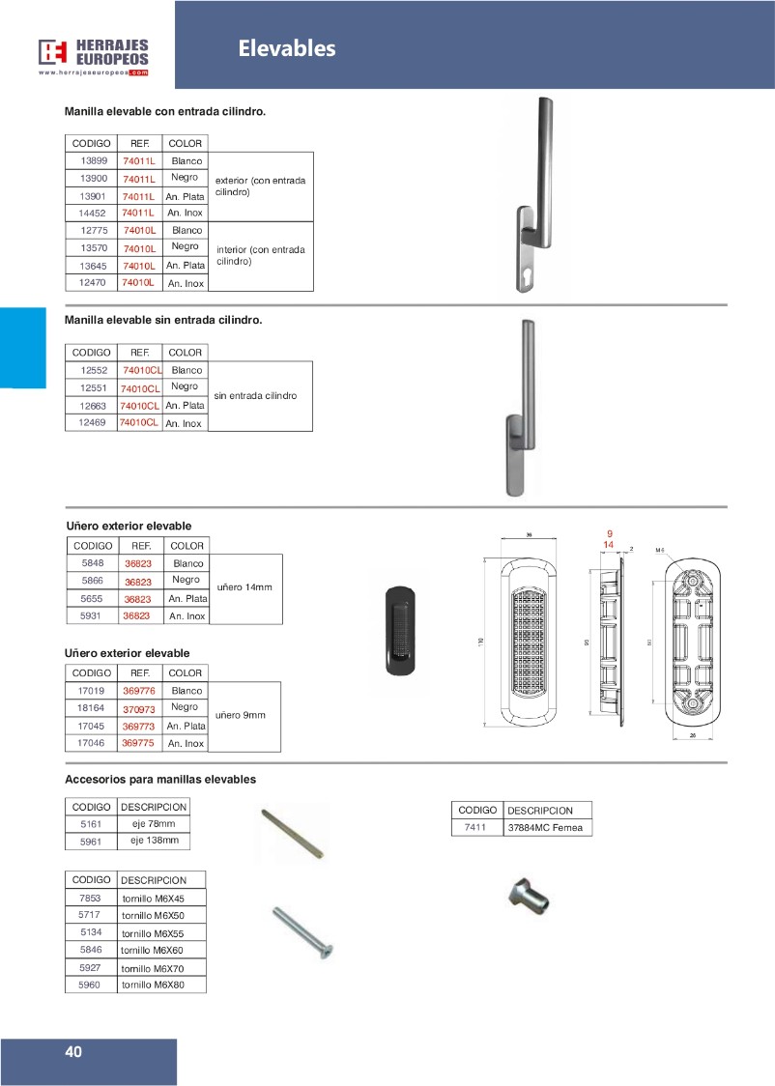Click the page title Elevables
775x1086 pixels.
pos(287,48)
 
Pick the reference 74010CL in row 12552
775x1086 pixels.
pos(141,370)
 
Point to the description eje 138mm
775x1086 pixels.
pos(155,841)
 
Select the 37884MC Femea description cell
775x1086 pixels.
pos(547,828)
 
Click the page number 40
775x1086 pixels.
pos(74,1052)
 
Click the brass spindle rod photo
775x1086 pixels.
pos(290,834)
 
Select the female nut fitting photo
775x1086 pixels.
pos(529,898)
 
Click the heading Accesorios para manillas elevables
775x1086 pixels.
pos(159,779)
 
